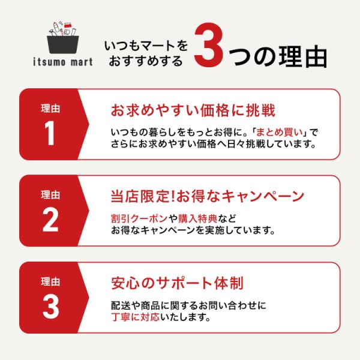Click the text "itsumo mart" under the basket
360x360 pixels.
[63, 62]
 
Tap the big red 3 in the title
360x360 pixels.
[208, 45]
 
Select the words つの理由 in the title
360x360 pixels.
[278, 56]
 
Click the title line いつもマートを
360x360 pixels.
[146, 46]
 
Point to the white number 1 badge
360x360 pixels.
[50, 133]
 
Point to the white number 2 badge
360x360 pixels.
[50, 219]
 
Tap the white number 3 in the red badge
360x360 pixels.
[51, 306]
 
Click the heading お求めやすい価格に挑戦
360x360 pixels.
[193, 110]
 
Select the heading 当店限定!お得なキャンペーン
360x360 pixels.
[208, 196]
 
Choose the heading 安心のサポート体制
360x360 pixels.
[177, 283]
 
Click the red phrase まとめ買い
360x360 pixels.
[280, 133]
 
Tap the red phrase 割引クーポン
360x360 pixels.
[139, 218]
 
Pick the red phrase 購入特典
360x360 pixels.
[197, 218]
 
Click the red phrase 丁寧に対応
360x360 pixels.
[135, 317]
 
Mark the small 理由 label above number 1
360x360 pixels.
[50, 109]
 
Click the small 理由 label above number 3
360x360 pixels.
[50, 281]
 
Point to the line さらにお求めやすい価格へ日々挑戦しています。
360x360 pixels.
[214, 144]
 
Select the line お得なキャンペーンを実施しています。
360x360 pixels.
[193, 230]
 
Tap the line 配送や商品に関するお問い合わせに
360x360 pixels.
[188, 305]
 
